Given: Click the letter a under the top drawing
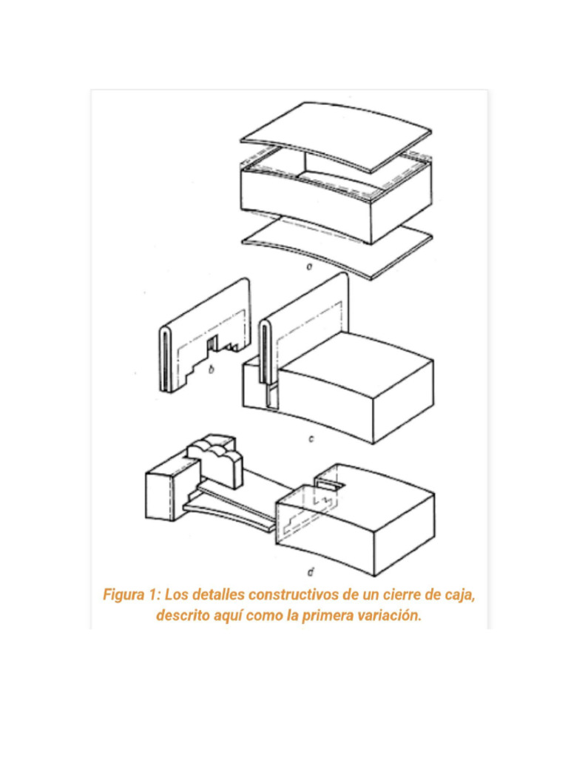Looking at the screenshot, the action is point(308,266).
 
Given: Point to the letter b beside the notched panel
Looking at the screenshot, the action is point(211,370).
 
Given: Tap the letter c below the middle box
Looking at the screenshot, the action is point(311,439).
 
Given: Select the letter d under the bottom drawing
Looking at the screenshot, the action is point(311,573).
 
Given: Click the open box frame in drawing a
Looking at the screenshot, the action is point(337,193).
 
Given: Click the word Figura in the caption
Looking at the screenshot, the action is point(124,594).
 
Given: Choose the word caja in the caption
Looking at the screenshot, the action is point(460,595).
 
